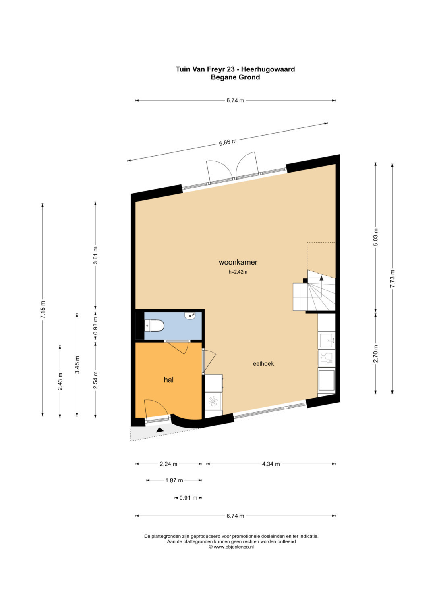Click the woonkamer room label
tap(238, 262)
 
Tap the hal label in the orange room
tap(169, 380)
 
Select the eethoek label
tap(263, 364)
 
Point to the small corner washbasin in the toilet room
tap(190, 316)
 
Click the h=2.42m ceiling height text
tap(238, 272)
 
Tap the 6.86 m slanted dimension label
tap(228, 142)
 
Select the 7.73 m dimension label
tap(392, 278)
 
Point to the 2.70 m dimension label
tap(376, 354)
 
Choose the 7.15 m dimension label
tap(43, 310)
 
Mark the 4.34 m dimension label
tap(271, 464)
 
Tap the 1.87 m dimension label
tap(174, 480)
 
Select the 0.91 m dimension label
tap(188, 498)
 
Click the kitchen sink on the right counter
tap(327, 340)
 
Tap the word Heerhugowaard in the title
tap(268, 69)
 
